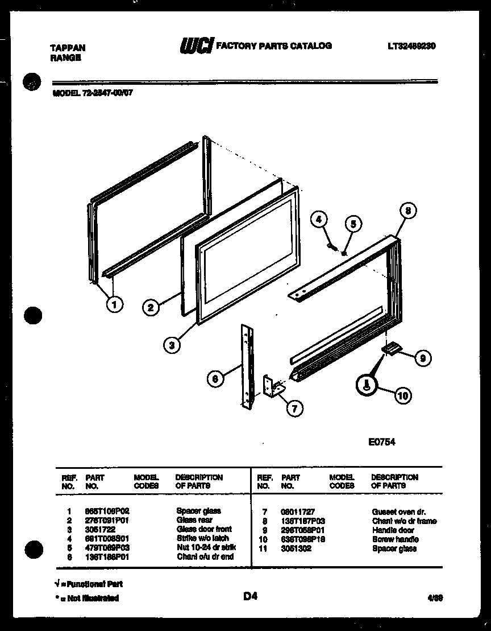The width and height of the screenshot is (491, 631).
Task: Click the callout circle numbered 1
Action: tap(115, 304)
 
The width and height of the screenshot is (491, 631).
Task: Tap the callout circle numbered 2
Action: tap(151, 308)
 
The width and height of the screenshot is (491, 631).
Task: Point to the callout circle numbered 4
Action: tap(319, 219)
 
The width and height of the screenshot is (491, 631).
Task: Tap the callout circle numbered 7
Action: tap(294, 407)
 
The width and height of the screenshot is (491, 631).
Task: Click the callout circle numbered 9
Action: tap(422, 358)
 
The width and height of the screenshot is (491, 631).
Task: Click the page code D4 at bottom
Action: tap(251, 596)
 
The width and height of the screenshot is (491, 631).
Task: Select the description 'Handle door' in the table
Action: tap(393, 530)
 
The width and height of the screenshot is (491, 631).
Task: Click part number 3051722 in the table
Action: tap(98, 529)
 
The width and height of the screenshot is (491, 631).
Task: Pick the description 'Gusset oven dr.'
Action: tap(398, 512)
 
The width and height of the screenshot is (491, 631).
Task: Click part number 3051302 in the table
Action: tap(296, 548)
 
